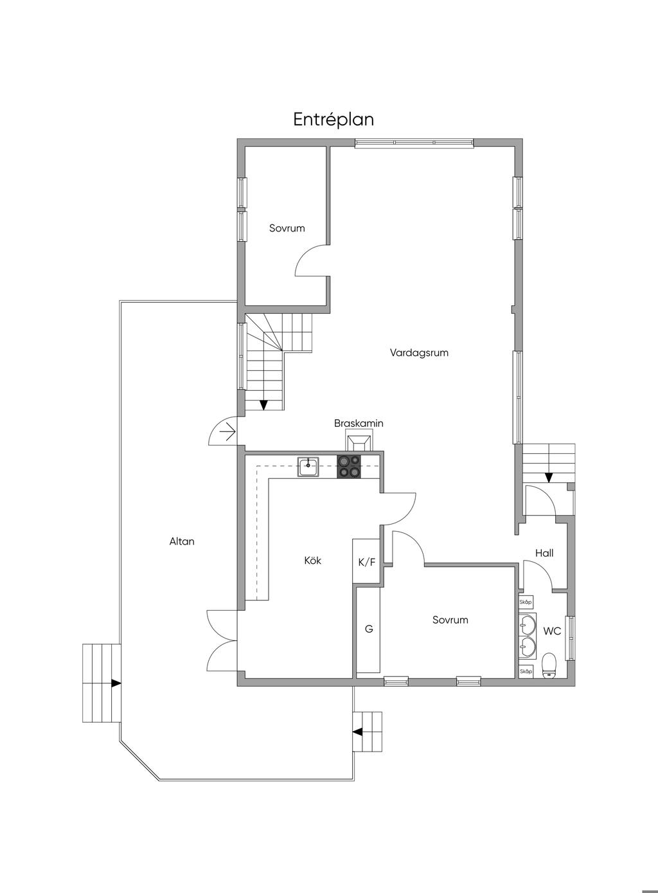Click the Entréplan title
tap(333, 119)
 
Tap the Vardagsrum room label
tap(419, 353)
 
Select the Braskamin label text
tap(359, 423)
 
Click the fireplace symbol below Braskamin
tap(359, 444)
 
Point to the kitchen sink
tap(308, 467)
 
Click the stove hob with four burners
tap(349, 467)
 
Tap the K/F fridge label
tap(367, 563)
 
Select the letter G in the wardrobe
tap(369, 629)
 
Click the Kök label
tap(312, 561)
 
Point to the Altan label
tap(182, 541)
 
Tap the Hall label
tap(544, 553)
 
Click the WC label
tap(552, 631)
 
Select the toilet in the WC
tap(549, 665)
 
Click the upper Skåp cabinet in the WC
tap(526, 602)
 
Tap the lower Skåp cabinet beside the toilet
tap(526, 671)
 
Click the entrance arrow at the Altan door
tap(228, 432)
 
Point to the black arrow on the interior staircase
tap(263, 405)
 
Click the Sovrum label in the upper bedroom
tap(287, 228)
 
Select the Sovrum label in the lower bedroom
tap(450, 620)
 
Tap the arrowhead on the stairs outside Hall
tap(549, 478)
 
